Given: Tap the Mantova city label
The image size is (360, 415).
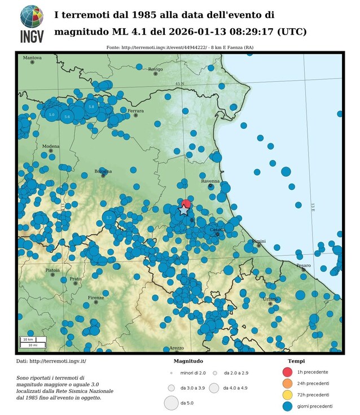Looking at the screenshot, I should coord(32,58).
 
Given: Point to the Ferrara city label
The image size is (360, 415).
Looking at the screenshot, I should coord(135,111).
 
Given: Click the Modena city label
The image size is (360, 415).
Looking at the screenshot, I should coord(51,146).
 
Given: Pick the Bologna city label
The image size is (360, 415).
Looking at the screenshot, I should coord(103,171).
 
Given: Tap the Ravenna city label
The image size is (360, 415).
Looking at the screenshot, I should coord(210,181).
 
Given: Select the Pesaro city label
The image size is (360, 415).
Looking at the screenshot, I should coord(303,265).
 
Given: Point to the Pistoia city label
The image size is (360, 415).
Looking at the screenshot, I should coord(52,270).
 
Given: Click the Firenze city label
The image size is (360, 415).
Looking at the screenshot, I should coord(96,298).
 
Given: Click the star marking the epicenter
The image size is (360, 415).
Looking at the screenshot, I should coord(184,210).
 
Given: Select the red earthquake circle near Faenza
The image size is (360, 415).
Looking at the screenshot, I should coord(186,204).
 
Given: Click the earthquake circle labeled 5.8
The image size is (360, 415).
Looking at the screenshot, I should coord(91,106).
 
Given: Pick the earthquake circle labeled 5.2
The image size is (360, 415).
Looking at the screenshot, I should coord(109,217).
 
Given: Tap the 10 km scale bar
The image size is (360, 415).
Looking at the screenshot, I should coord(28,339).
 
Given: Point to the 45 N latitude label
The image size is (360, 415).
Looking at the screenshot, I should coord(179,84).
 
